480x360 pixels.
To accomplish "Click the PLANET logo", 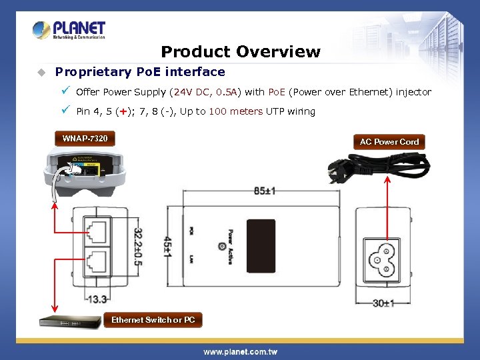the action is click(x=69, y=30).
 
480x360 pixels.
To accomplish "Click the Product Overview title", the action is click(x=241, y=51).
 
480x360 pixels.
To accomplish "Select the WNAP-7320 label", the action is click(x=85, y=139).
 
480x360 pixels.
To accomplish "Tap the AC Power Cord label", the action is click(x=389, y=141).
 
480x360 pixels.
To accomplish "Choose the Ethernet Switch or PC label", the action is click(x=153, y=320).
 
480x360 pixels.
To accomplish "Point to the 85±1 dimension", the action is click(x=265, y=191).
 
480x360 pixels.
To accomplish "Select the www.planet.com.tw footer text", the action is click(x=240, y=351).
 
